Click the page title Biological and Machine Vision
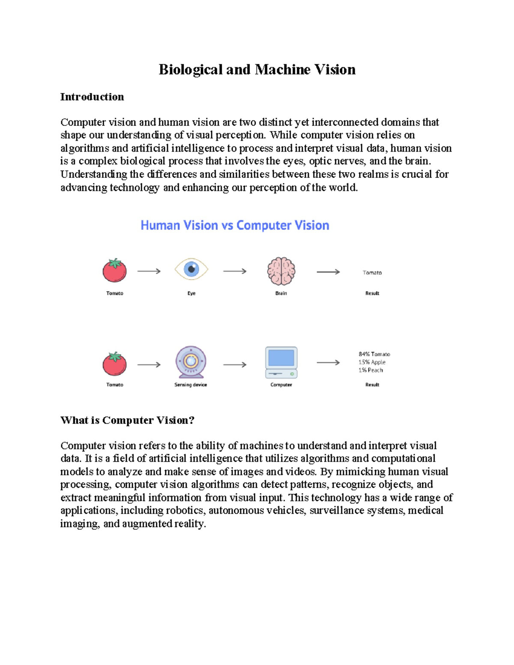(257, 69)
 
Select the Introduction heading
(92, 97)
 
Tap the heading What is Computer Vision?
(127, 420)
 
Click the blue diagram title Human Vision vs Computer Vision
(235, 225)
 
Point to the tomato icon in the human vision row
(114, 271)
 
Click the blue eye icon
(191, 269)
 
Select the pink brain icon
(281, 271)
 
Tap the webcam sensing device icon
(191, 362)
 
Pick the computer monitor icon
(281, 362)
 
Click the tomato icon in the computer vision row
(114, 364)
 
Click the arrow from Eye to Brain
(235, 271)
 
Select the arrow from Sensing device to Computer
(235, 365)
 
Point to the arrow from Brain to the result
(328, 272)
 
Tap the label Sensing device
(191, 385)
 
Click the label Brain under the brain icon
(281, 293)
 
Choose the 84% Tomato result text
(374, 354)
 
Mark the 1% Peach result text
(371, 370)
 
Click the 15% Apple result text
(372, 362)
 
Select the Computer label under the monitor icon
(281, 385)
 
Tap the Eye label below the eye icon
(191, 293)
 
